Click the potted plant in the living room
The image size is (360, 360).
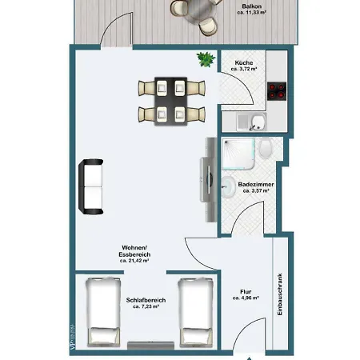click(206, 58)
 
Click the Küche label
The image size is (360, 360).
click(243, 62)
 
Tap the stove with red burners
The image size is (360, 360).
click(278, 91)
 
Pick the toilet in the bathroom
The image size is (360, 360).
click(266, 149)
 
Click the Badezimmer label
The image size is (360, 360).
click(257, 184)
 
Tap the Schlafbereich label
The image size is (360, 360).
click(146, 300)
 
